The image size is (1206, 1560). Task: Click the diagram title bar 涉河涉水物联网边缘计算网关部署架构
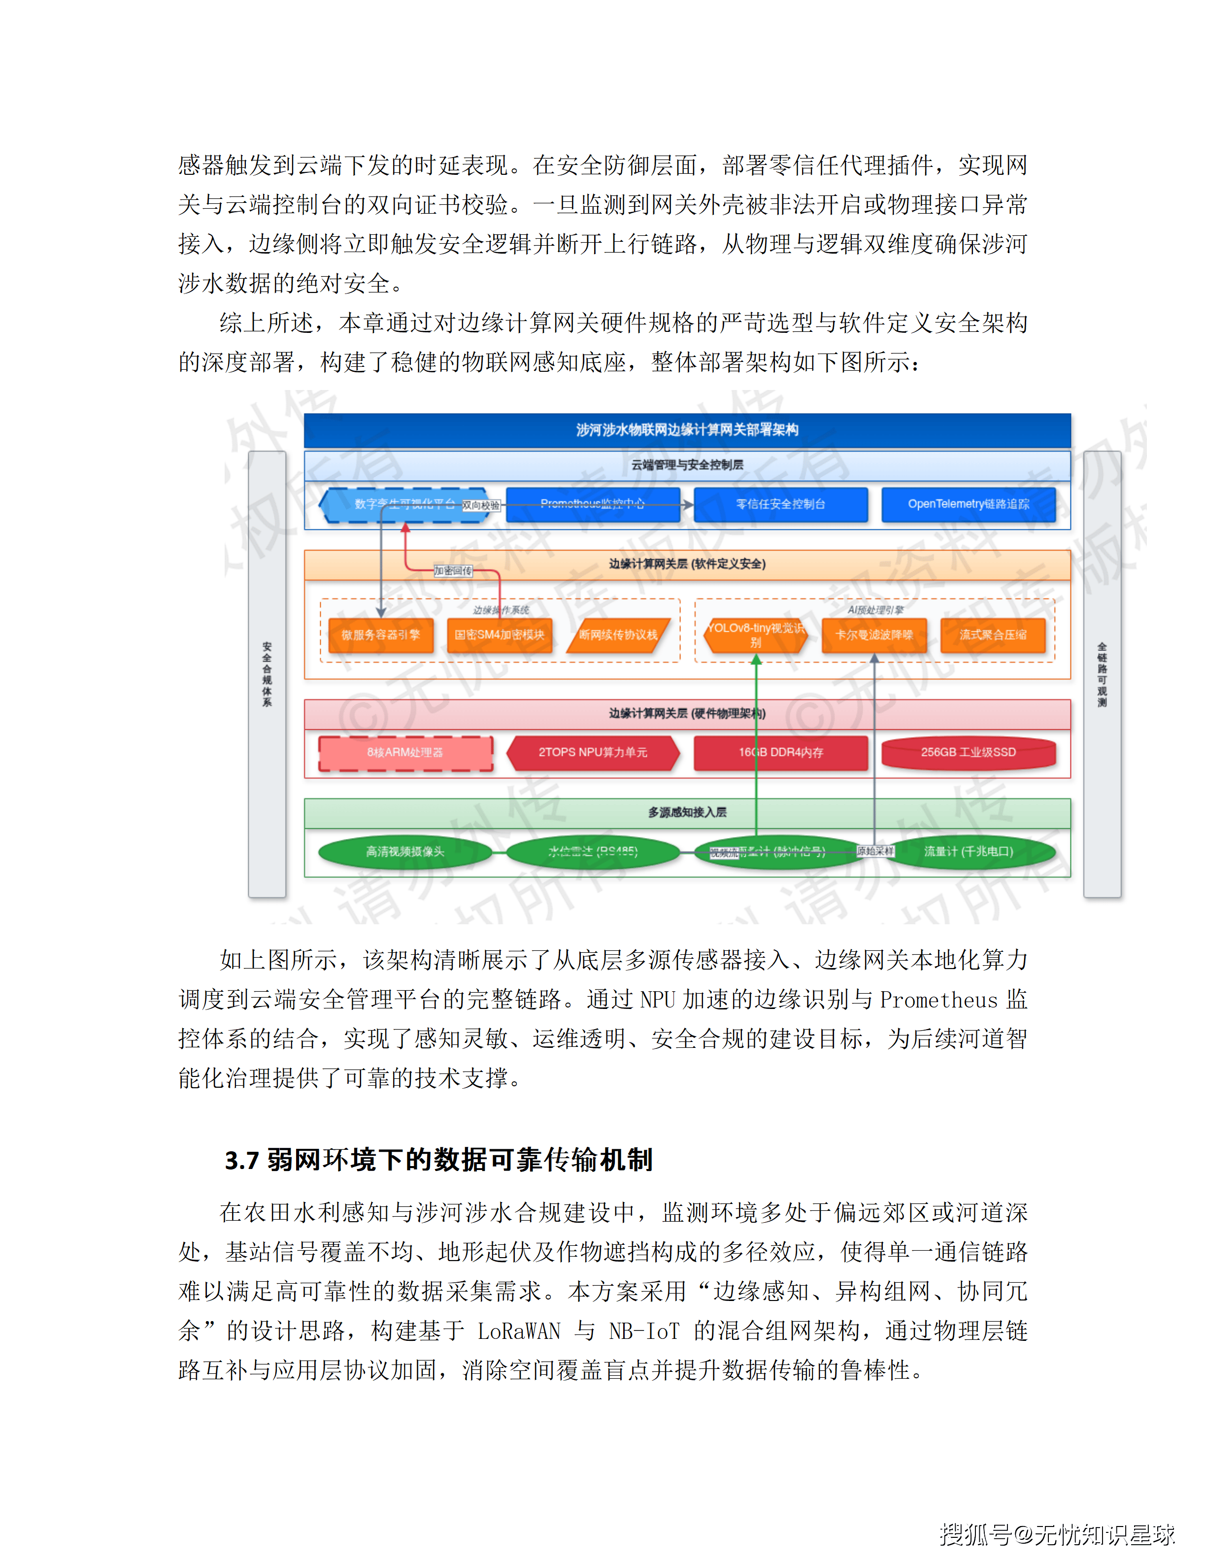pyautogui.click(x=687, y=429)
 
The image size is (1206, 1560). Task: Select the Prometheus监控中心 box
pyautogui.click(x=592, y=504)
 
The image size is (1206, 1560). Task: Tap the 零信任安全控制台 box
pyautogui.click(x=780, y=504)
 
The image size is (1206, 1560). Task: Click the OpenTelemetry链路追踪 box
pyautogui.click(x=968, y=504)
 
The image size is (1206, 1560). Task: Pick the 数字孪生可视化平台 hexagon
pyautogui.click(x=404, y=504)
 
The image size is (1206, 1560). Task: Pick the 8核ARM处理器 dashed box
pyautogui.click(x=405, y=753)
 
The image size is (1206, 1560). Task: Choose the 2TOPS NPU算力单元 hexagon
pyautogui.click(x=592, y=753)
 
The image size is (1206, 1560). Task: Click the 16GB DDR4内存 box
pyautogui.click(x=780, y=753)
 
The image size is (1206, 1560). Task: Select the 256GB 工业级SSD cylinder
pyautogui.click(x=968, y=753)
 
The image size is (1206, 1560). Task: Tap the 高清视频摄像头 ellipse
pyautogui.click(x=405, y=851)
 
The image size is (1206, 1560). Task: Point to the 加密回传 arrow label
pyautogui.click(x=453, y=571)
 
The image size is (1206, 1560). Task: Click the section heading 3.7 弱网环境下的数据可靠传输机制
pyautogui.click(x=438, y=1160)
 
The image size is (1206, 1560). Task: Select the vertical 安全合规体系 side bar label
pyautogui.click(x=267, y=674)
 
